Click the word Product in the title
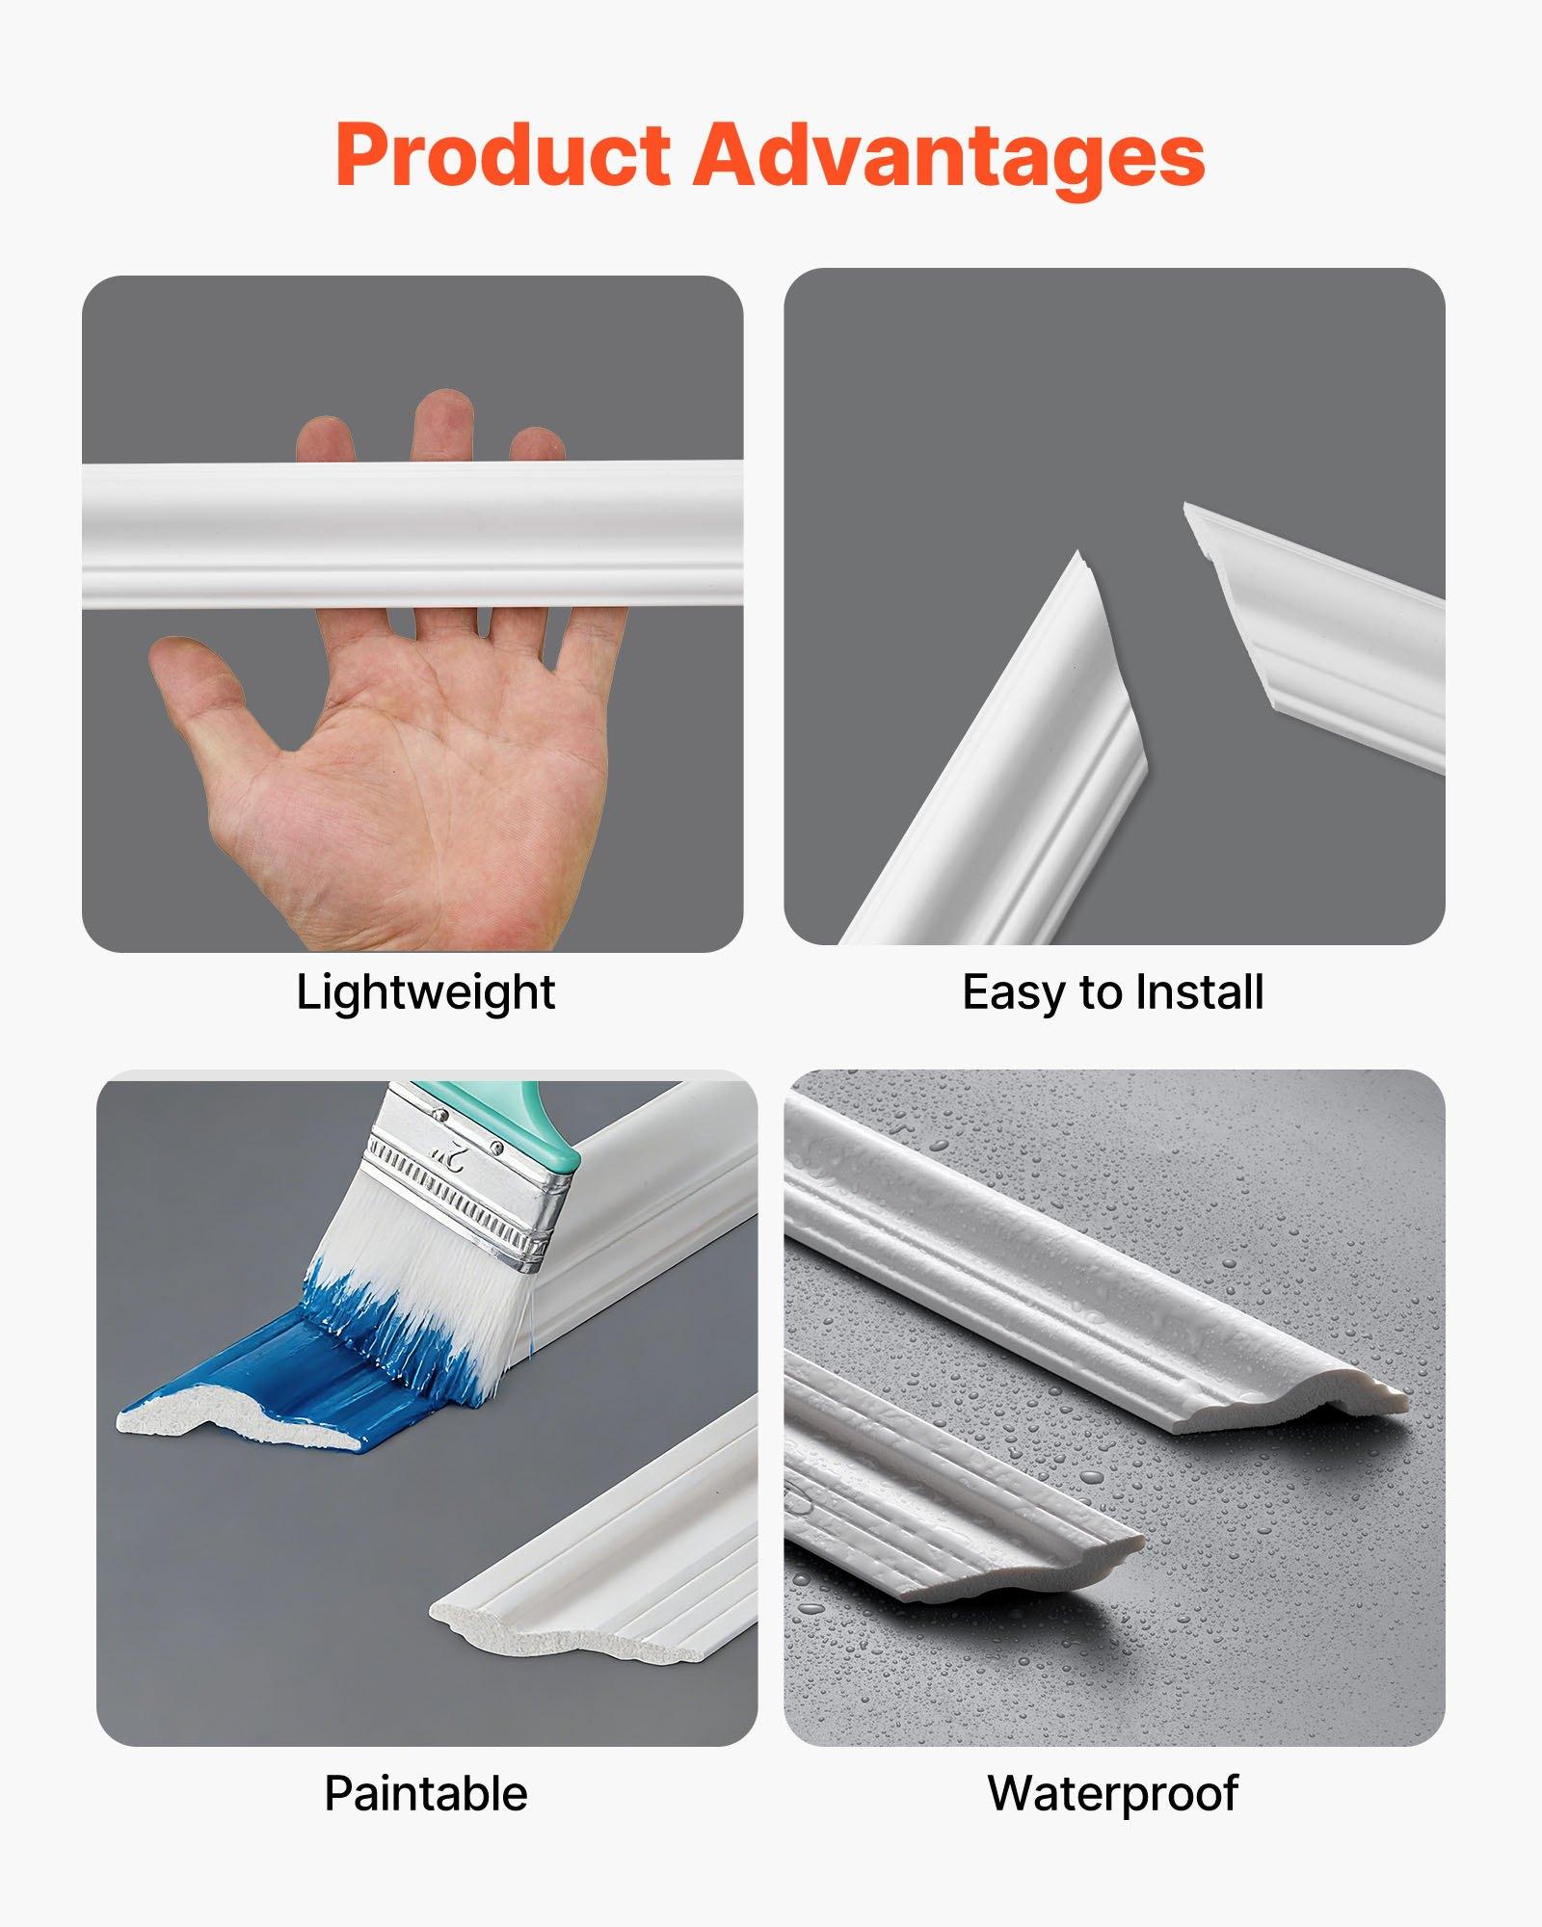pos(501,156)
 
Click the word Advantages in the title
pos(949,156)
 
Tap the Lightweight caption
pos(425,992)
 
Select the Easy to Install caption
pos(1113,992)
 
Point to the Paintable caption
pos(425,1794)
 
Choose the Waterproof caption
pos(1113,1794)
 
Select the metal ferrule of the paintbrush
pos(463,1185)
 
